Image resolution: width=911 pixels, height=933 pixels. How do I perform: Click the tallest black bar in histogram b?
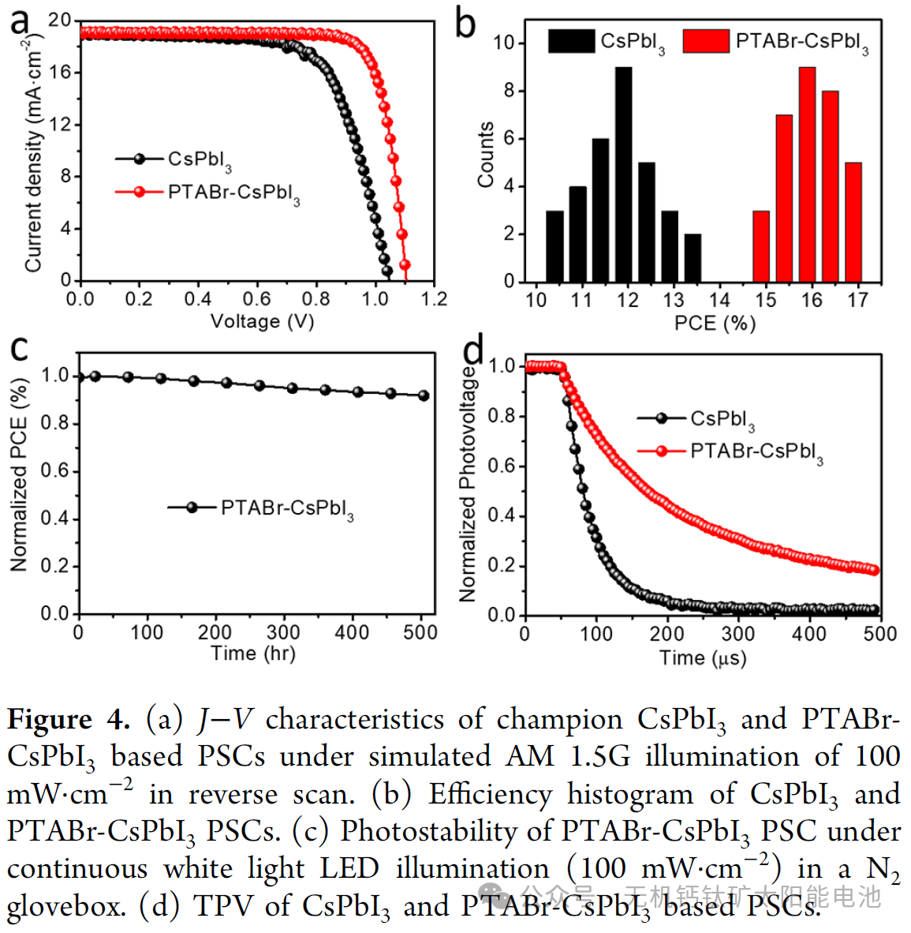(624, 174)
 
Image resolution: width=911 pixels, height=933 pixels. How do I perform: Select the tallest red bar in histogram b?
(807, 174)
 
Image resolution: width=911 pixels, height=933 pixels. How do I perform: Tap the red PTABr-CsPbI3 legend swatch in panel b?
(705, 41)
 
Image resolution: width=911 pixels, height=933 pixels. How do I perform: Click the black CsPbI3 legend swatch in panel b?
(571, 41)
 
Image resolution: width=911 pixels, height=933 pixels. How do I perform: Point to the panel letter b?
(465, 24)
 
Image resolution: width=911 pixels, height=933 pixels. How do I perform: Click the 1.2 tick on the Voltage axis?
(434, 299)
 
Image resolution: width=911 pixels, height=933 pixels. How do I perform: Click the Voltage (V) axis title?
(262, 321)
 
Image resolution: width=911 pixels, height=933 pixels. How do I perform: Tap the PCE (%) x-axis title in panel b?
(715, 323)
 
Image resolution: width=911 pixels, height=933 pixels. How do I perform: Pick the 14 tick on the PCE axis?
(719, 300)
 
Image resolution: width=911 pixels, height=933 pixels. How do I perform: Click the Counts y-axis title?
(485, 155)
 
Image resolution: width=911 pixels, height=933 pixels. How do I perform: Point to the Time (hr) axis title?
(252, 653)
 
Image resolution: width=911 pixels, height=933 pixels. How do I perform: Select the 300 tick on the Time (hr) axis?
(282, 632)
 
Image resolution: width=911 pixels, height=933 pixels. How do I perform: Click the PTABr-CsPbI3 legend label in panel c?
(287, 508)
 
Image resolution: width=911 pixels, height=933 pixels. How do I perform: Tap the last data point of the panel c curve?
(424, 395)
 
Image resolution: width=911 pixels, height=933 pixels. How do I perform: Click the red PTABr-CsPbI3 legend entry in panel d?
(756, 451)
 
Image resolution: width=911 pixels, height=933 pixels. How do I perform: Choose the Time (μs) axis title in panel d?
(702, 658)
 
